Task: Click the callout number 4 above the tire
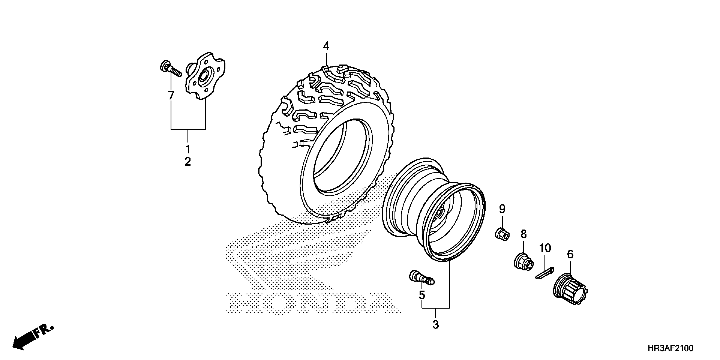tap(326, 46)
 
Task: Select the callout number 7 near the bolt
tap(171, 95)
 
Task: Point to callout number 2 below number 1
tap(188, 162)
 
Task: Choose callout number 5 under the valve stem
tap(422, 295)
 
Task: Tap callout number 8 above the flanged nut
tap(523, 234)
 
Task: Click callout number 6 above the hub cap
tap(570, 254)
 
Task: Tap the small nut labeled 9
tap(502, 234)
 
